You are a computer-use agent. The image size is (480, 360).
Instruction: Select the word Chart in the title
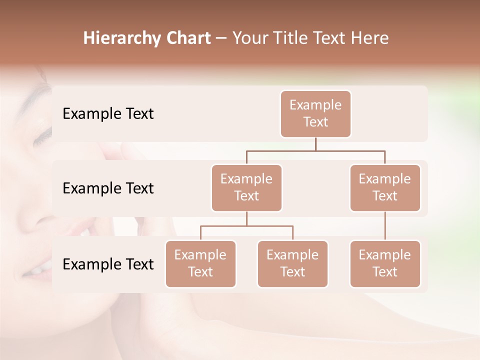[187, 38]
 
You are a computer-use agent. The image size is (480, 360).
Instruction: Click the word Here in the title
[369, 38]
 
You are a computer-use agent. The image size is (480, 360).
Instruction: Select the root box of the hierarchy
[315, 113]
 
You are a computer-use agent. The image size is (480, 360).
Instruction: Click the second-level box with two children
[246, 187]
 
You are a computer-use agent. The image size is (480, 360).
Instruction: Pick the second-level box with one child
[385, 187]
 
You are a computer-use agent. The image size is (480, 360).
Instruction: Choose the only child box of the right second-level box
[385, 263]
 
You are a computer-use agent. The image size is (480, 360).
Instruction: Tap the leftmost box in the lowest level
[200, 263]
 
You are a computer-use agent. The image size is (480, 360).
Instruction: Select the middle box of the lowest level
[292, 263]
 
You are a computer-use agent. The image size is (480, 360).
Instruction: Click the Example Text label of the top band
[108, 114]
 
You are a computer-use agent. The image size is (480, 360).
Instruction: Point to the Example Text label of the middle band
[108, 188]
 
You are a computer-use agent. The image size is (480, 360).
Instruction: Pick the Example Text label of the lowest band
[108, 264]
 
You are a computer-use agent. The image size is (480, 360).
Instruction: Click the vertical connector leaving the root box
[315, 144]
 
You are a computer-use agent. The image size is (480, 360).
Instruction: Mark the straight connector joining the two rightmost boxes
[385, 226]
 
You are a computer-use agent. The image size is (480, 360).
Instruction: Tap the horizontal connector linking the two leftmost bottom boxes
[246, 226]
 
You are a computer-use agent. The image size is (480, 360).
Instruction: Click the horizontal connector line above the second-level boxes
[315, 150]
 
